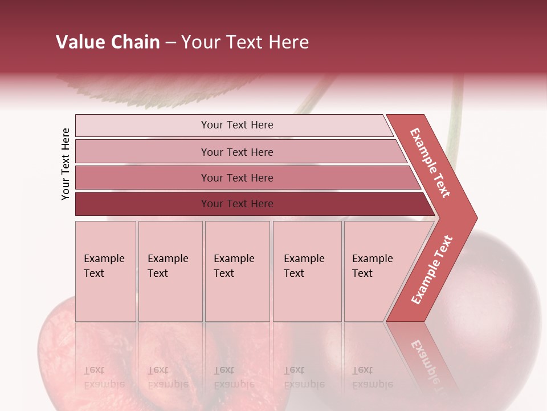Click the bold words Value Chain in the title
click(x=108, y=42)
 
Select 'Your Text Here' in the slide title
click(x=245, y=42)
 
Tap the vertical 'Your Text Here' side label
click(x=66, y=164)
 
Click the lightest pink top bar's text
click(x=237, y=125)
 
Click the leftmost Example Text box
click(x=105, y=271)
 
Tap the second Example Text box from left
click(x=170, y=271)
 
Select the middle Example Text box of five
click(x=237, y=271)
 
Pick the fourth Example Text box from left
click(x=307, y=271)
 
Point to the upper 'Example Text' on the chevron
click(x=431, y=163)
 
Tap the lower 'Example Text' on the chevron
click(x=432, y=269)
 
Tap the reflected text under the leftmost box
click(x=104, y=377)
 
